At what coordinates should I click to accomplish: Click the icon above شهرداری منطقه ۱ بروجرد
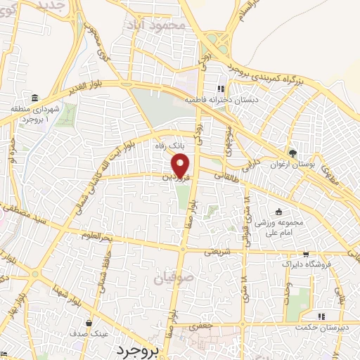34,96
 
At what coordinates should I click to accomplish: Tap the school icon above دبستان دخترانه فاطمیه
221,89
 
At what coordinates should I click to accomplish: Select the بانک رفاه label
169,148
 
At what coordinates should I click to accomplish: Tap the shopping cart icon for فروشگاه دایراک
306,255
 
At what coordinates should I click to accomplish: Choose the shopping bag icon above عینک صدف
89,324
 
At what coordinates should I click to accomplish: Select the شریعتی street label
217,249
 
